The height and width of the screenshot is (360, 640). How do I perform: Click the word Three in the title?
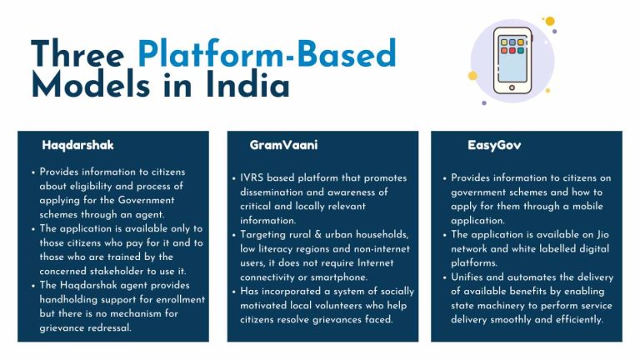[x=77, y=53]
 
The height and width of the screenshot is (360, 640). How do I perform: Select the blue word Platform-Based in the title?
[x=267, y=53]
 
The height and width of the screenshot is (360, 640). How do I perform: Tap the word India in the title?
[x=247, y=85]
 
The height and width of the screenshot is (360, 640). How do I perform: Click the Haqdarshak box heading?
[x=77, y=145]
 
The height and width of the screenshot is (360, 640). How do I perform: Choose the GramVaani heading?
[x=283, y=145]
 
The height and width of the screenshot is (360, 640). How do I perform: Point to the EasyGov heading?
[x=494, y=145]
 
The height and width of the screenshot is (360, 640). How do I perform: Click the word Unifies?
[x=467, y=277]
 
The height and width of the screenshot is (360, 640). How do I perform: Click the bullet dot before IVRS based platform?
[x=234, y=179]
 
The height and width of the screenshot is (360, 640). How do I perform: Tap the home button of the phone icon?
[x=512, y=87]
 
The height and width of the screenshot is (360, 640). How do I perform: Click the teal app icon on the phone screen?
[x=520, y=51]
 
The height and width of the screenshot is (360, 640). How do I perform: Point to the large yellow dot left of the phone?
[x=472, y=76]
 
